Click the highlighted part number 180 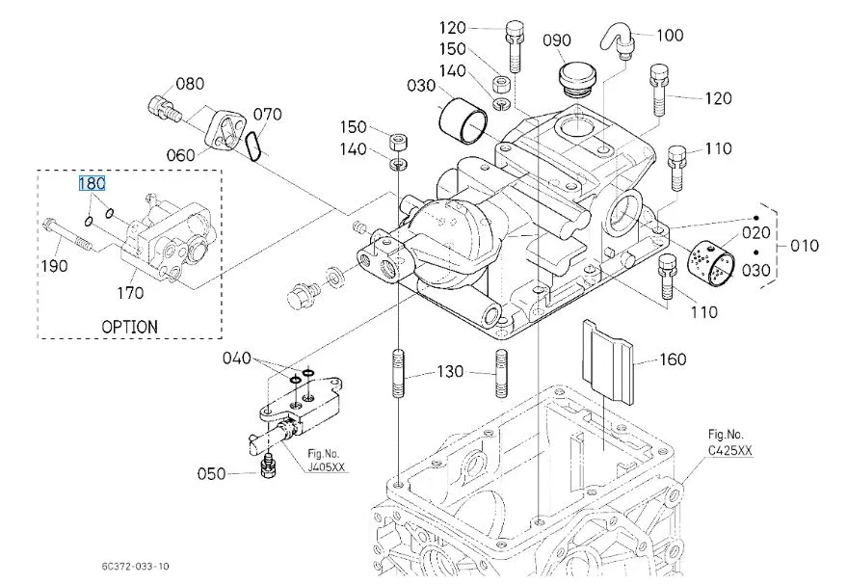tap(92, 184)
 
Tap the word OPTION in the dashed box tap(130, 327)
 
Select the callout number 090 tap(556, 40)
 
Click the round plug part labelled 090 tap(577, 80)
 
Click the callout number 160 tap(673, 359)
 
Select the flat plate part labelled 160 tap(607, 360)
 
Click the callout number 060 tap(181, 155)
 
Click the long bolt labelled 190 tap(69, 234)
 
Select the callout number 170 tap(130, 293)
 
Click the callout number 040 tap(237, 359)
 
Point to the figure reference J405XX tap(326, 467)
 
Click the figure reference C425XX tap(730, 450)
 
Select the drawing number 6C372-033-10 tap(135, 566)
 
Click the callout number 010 tap(805, 246)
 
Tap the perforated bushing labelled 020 tap(710, 264)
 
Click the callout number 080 tap(190, 84)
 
